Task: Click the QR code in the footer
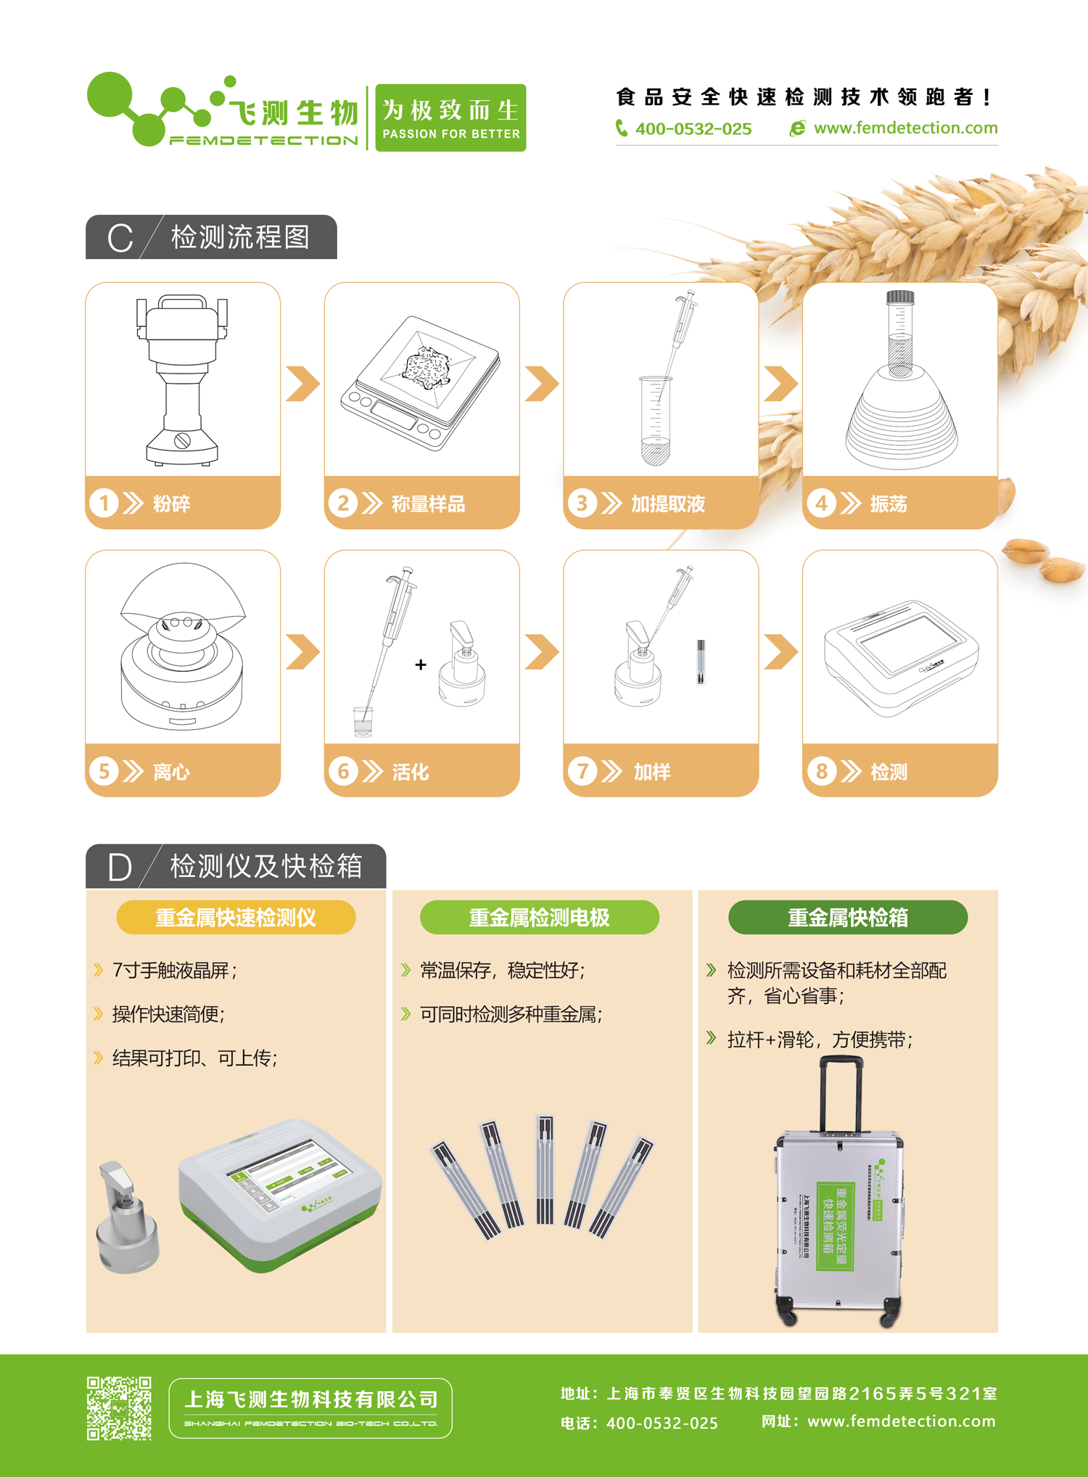[119, 1408]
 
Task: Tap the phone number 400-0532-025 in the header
[693, 129]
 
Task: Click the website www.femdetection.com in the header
[905, 128]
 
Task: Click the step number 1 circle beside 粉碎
[104, 503]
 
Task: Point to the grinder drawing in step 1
[182, 379]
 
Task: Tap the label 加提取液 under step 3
[667, 503]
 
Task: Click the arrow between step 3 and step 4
[780, 384]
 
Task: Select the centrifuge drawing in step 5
[182, 648]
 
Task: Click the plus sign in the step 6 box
[421, 665]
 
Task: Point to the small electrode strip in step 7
[701, 661]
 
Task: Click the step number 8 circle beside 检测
[822, 770]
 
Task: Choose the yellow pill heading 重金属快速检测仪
[236, 918]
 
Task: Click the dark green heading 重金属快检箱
[847, 918]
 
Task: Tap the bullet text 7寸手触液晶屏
[174, 971]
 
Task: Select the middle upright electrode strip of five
[545, 1169]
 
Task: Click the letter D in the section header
[120, 867]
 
